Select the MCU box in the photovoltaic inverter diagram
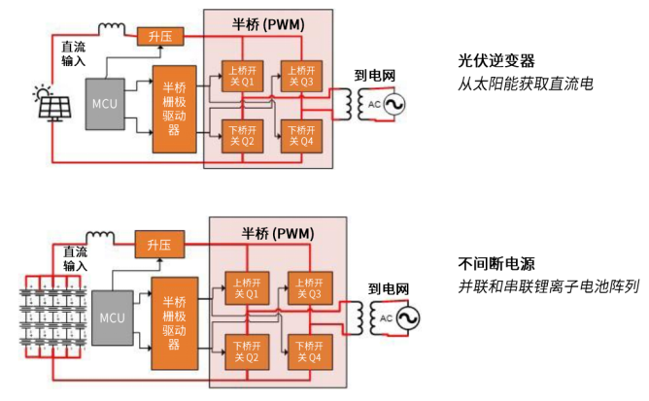click(x=104, y=102)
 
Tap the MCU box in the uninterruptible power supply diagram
click(x=113, y=318)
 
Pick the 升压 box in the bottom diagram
click(x=158, y=245)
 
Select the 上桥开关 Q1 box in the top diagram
click(x=239, y=76)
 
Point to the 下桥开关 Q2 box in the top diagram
click(x=239, y=136)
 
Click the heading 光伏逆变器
click(x=496, y=59)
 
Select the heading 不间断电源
click(x=496, y=264)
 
